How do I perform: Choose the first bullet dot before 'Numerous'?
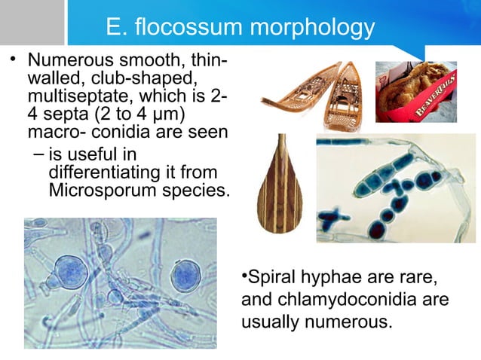pos(12,60)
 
